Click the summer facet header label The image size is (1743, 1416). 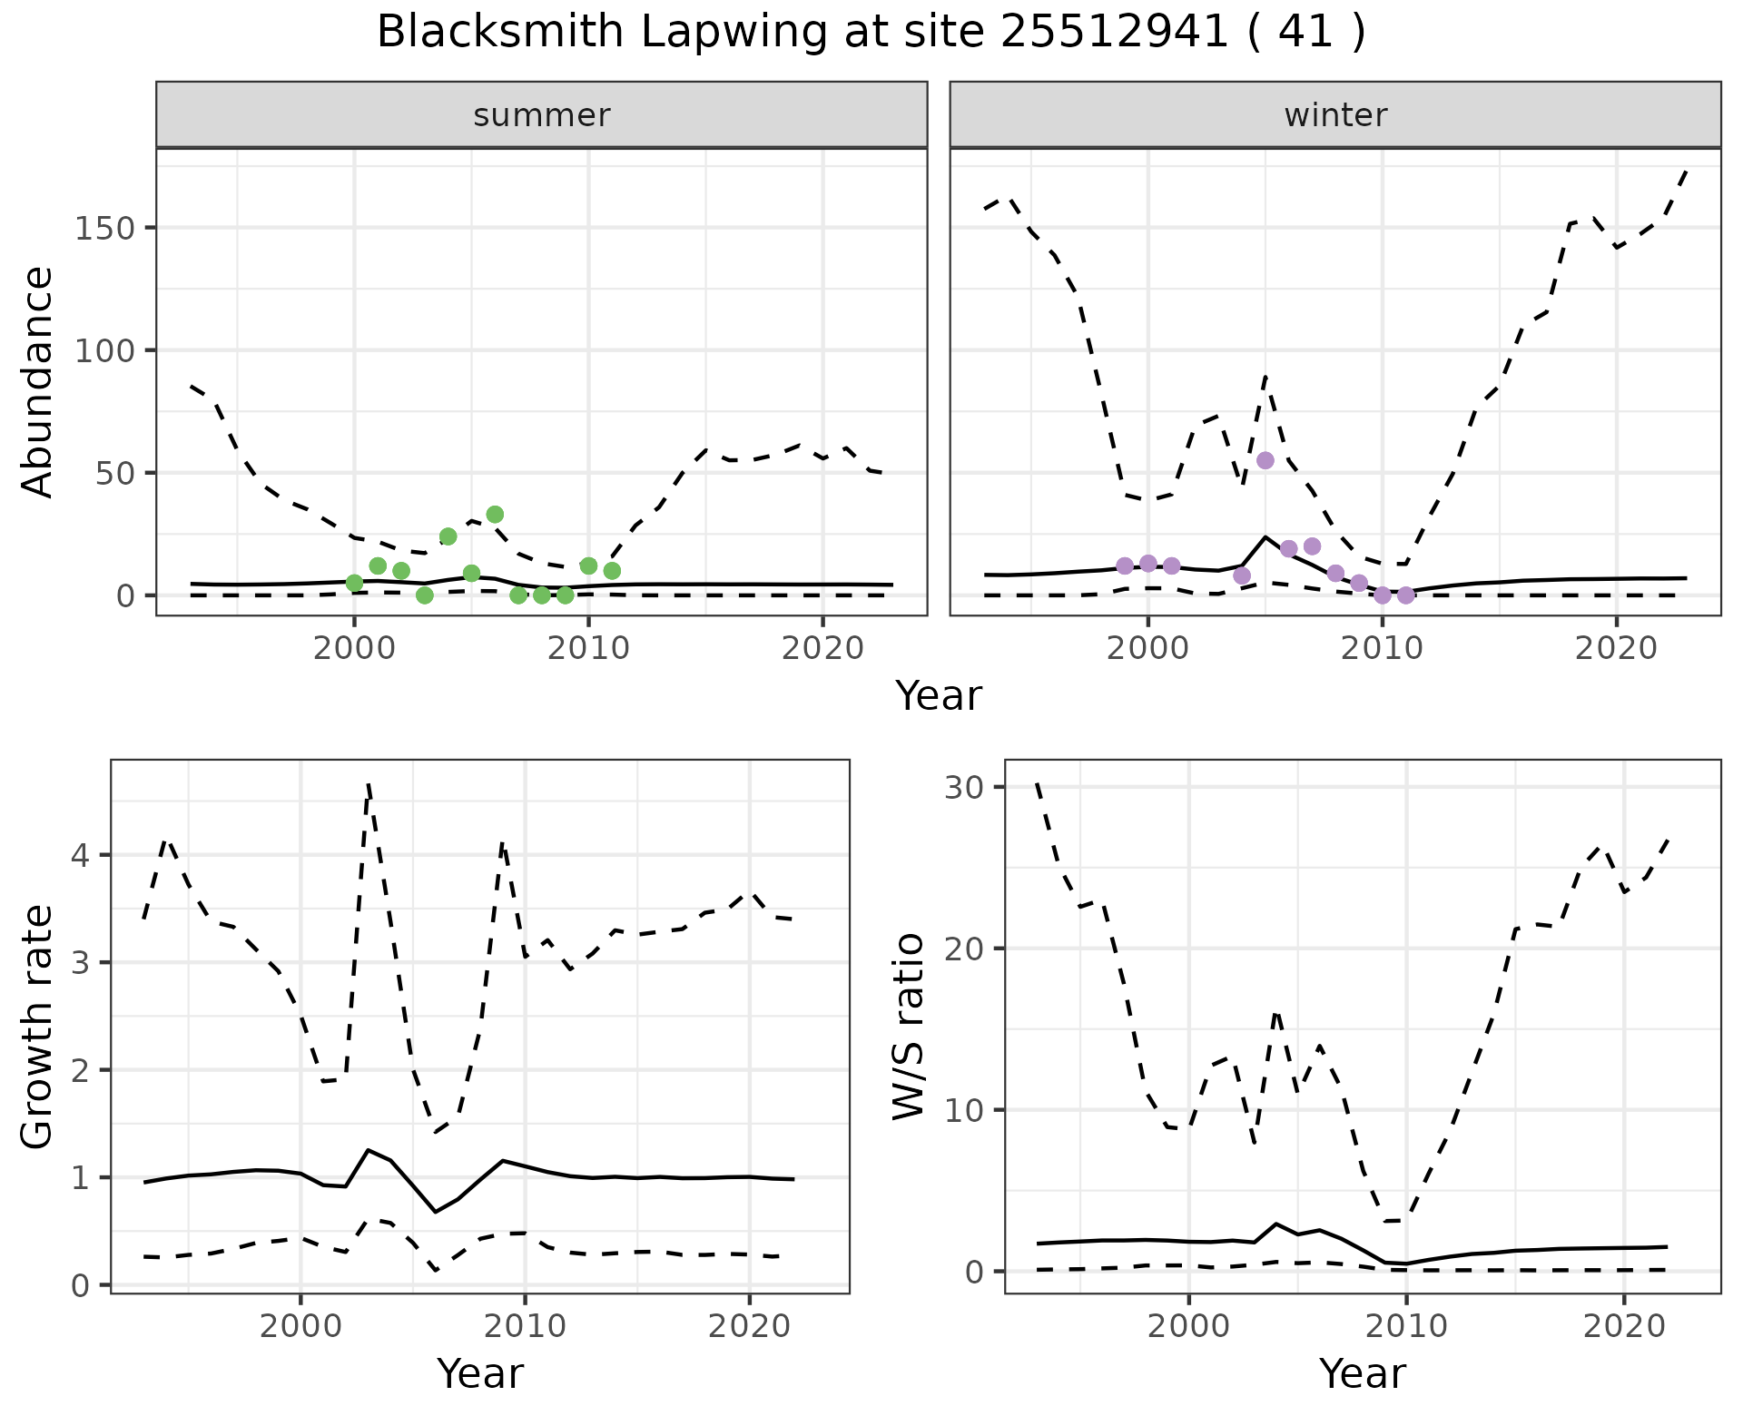pos(542,115)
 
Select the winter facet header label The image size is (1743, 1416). pos(1335,115)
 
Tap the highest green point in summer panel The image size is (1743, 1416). pos(495,515)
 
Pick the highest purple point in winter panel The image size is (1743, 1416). pos(1265,460)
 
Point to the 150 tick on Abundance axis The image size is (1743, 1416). pos(103,228)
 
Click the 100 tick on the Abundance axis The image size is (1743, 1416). pos(103,350)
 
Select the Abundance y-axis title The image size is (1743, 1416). pos(38,382)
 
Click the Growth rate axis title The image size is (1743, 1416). pos(38,1027)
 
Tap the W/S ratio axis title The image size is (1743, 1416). pos(909,1027)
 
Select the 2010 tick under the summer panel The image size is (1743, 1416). pos(588,649)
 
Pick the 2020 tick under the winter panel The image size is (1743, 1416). pos(1616,649)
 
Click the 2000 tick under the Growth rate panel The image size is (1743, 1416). pos(300,1326)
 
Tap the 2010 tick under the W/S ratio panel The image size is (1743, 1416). pos(1406,1326)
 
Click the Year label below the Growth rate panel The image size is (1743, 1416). pos(480,1374)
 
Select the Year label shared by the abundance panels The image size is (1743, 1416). pos(939,696)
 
